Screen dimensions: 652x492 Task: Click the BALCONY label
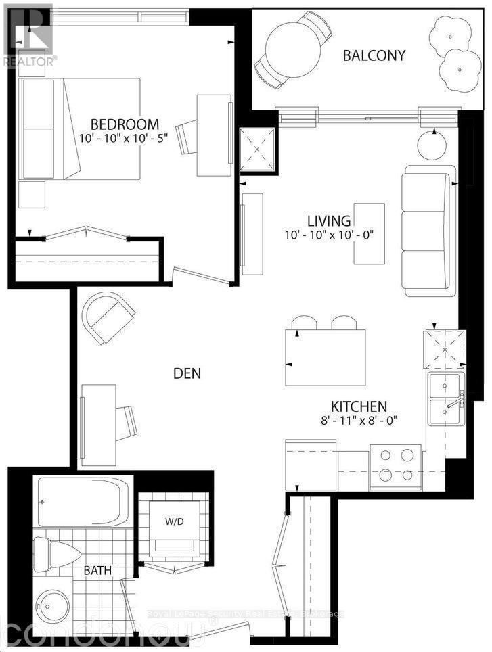[x=374, y=55]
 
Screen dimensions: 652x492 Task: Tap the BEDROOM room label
[x=125, y=124]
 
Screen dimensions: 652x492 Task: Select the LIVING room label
[x=329, y=221]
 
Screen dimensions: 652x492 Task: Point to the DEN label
[x=187, y=373]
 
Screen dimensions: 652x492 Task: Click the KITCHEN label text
[x=358, y=406]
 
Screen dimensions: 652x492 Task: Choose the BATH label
[x=98, y=571]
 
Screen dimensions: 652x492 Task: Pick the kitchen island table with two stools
[x=325, y=356]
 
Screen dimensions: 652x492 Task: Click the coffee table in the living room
[x=369, y=234]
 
